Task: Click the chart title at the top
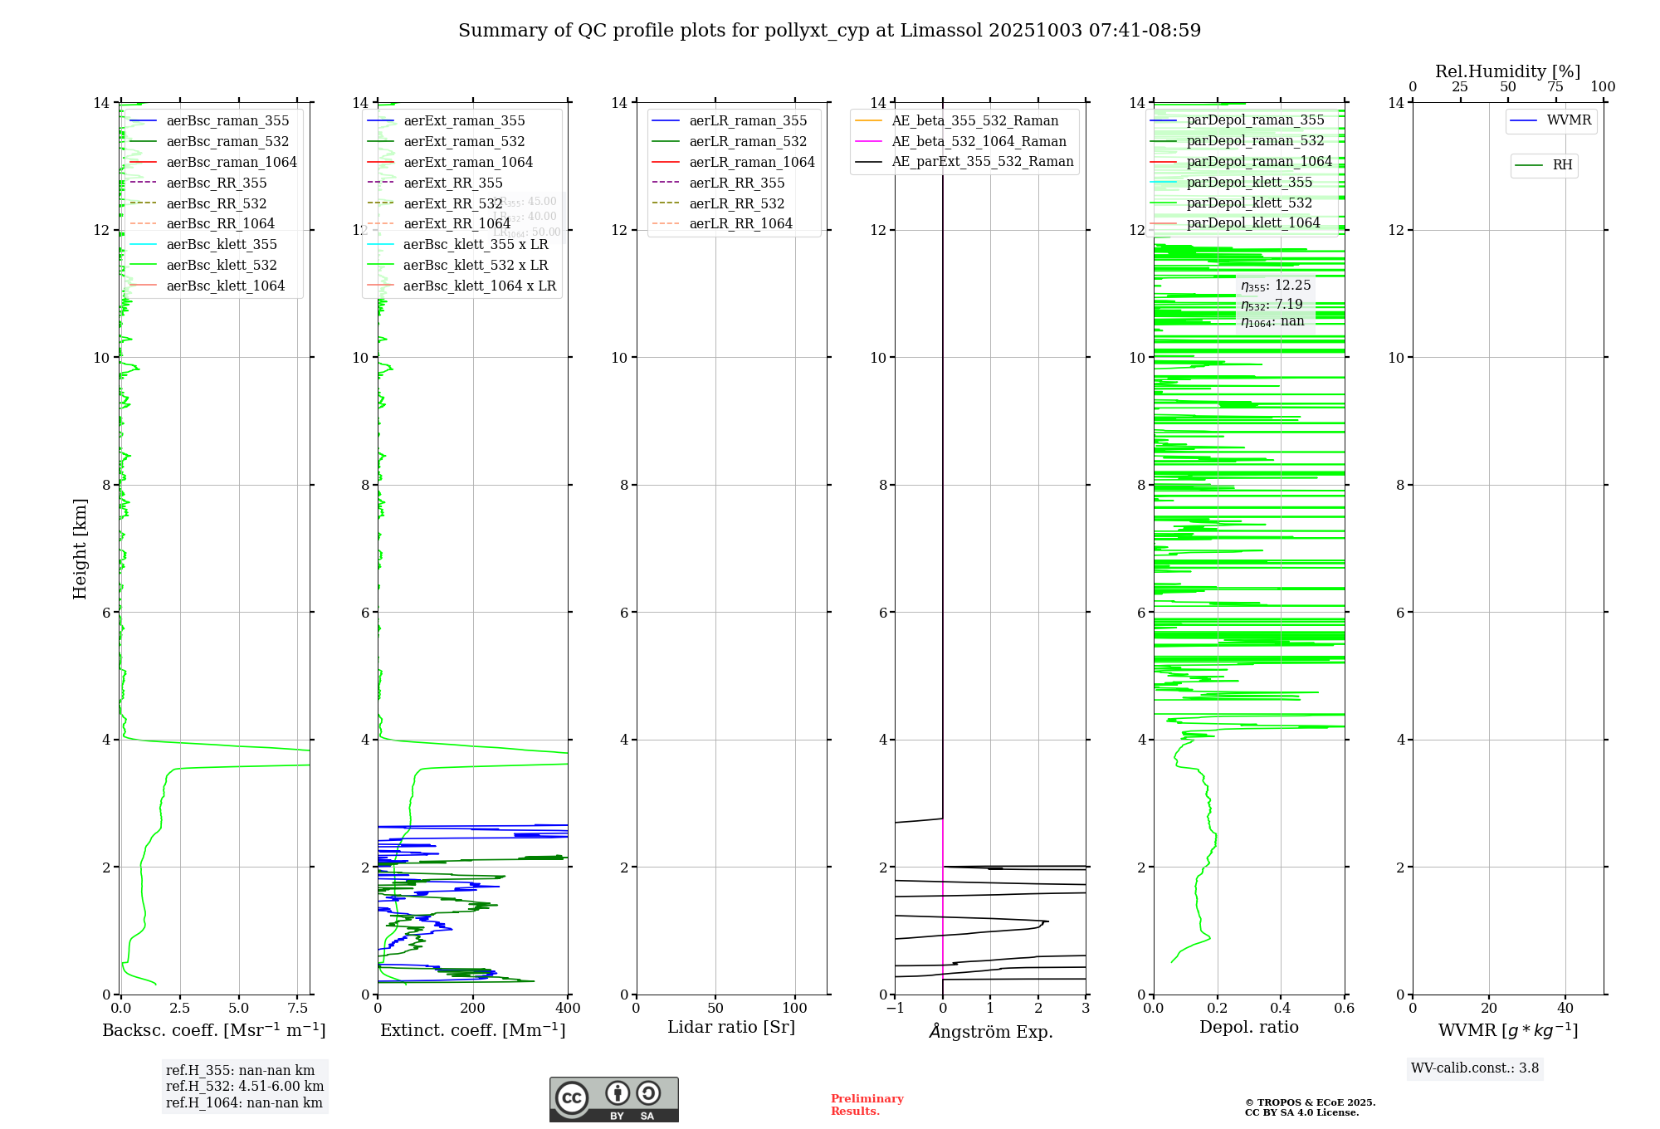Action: click(x=829, y=31)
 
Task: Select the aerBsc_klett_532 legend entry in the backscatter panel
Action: click(x=221, y=265)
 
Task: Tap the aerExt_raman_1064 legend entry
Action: click(x=468, y=162)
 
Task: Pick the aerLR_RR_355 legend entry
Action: click(x=736, y=183)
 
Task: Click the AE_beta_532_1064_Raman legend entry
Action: click(x=979, y=141)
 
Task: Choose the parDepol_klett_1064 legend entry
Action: click(x=1252, y=222)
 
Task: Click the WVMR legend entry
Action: click(x=1568, y=120)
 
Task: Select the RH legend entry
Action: click(x=1562, y=165)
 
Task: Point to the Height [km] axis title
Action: click(x=80, y=549)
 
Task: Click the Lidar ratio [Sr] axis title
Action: click(x=731, y=1028)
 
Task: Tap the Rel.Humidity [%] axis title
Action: click(x=1507, y=71)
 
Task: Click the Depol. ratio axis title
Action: click(x=1248, y=1028)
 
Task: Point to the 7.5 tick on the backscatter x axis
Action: click(x=298, y=1009)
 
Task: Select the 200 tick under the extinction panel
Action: click(x=473, y=1009)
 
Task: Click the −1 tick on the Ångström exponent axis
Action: click(x=895, y=1009)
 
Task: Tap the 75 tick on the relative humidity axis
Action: click(x=1555, y=87)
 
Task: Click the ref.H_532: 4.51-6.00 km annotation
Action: click(x=245, y=1087)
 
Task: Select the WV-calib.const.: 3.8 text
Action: click(x=1475, y=1068)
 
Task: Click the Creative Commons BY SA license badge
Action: click(x=613, y=1099)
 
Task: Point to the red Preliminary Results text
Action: click(x=867, y=1105)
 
